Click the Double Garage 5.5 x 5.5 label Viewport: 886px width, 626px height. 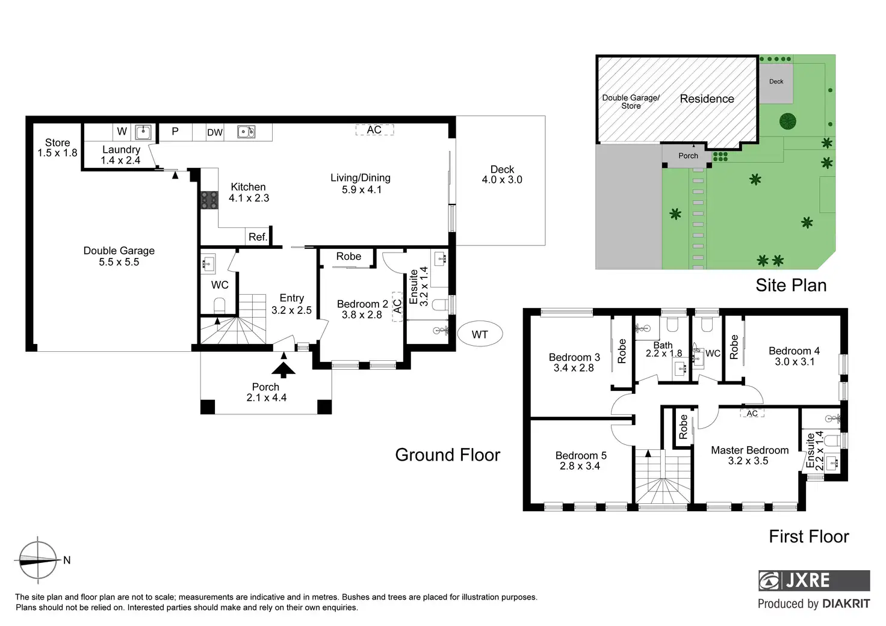pos(119,256)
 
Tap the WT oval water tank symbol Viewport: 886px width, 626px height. pos(480,334)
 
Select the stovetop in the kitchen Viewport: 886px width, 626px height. pos(209,200)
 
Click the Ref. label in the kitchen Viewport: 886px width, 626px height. pos(258,237)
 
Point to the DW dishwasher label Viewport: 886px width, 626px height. pos(215,132)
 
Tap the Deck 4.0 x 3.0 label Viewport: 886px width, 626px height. pos(502,174)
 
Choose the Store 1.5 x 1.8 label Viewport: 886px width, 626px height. pos(57,147)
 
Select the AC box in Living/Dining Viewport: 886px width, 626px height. pos(374,130)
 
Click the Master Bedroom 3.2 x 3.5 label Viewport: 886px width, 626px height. pos(749,455)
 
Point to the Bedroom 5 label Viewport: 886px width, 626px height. pos(581,455)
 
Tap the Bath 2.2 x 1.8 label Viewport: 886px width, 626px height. pos(664,349)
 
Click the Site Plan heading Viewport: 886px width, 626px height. pos(791,285)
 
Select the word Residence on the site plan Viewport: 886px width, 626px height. pos(707,99)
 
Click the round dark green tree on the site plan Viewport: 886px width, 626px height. pos(787,121)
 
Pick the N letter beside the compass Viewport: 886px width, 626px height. pos(67,560)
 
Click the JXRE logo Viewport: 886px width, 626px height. pos(814,580)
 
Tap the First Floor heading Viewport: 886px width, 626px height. pos(809,536)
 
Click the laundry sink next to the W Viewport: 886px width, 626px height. pos(143,132)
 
